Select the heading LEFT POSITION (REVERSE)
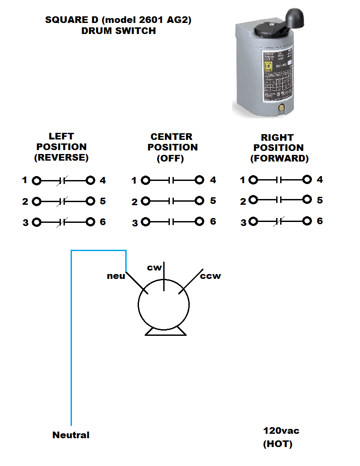click(61, 147)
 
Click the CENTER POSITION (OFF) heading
click(172, 147)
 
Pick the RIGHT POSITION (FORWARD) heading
click(279, 148)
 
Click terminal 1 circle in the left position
click(37, 180)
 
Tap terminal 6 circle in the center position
click(200, 222)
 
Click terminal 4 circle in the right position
click(307, 180)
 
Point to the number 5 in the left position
click(103, 201)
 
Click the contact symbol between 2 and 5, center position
click(172, 201)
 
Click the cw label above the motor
click(154, 267)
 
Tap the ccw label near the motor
click(210, 276)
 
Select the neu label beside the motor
click(116, 276)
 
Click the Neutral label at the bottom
click(71, 435)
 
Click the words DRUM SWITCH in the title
click(118, 31)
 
